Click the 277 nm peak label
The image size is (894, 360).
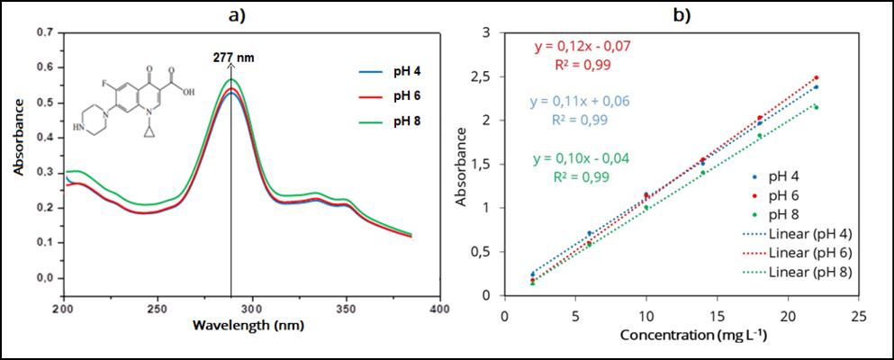[x=233, y=57]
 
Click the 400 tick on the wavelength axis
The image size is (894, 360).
[x=439, y=308]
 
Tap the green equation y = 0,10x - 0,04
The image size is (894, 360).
[x=580, y=158]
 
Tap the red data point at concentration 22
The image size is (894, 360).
[x=816, y=78]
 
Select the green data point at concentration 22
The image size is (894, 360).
[x=816, y=107]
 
